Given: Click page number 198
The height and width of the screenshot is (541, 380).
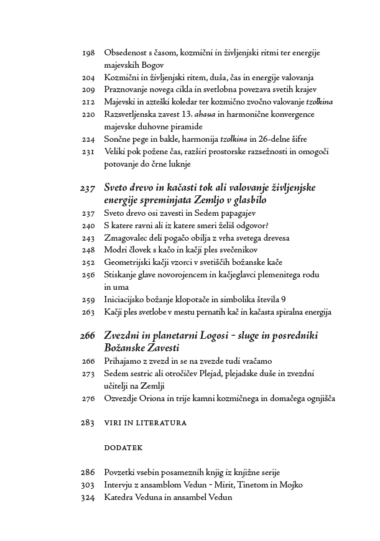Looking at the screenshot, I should click(88, 53).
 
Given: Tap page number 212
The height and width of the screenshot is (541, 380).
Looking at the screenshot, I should click(88, 102).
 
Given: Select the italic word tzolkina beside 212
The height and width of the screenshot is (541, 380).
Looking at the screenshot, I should click(315, 102).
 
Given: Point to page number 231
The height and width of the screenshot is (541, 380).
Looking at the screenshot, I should click(88, 151).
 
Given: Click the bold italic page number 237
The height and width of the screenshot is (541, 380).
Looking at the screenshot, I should click(87, 188).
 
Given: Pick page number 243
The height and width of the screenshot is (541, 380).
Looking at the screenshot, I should click(88, 238).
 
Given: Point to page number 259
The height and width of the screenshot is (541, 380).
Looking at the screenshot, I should click(88, 299).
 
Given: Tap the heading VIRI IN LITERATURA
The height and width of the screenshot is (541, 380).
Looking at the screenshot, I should click(146, 423).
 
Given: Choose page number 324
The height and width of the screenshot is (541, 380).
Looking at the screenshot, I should click(88, 497).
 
